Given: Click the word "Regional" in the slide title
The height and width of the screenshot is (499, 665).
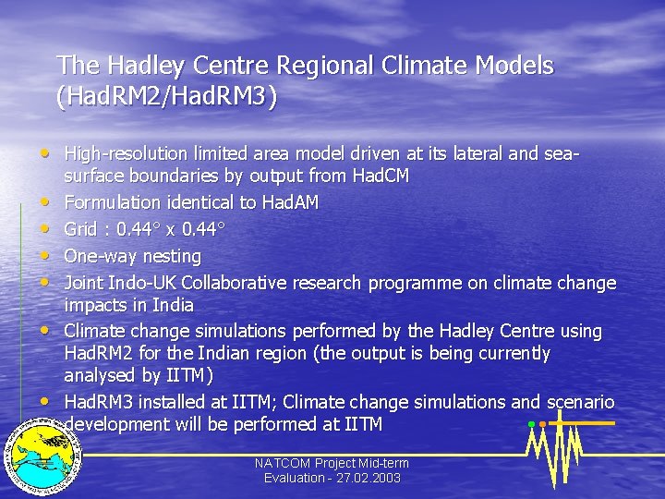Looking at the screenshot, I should [x=324, y=67].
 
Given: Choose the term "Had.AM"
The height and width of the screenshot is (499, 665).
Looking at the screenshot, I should [x=290, y=201].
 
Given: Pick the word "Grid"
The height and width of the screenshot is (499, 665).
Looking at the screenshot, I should [x=81, y=228].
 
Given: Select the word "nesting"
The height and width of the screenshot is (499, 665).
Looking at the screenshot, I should [x=169, y=255].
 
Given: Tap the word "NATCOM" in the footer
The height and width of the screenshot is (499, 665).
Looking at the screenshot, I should [x=284, y=463].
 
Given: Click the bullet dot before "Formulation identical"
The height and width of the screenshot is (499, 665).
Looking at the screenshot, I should [x=44, y=201].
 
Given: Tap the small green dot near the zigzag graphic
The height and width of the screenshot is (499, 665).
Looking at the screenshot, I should [x=531, y=424].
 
